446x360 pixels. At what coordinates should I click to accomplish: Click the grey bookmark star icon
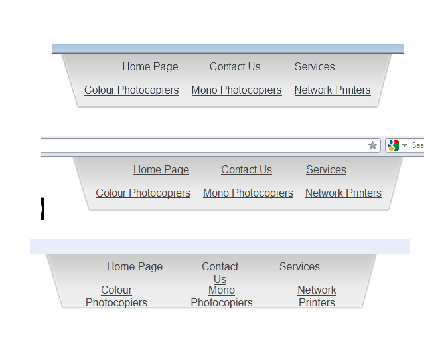372,145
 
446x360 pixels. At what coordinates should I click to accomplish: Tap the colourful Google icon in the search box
394,145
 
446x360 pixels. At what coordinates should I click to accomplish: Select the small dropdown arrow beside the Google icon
404,145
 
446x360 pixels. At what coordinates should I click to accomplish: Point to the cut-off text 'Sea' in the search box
418,145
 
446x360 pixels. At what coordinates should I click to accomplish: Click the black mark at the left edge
42,209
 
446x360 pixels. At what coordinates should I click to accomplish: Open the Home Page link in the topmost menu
151,67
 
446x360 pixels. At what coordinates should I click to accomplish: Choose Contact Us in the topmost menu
235,67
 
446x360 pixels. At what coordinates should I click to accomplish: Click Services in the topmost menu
315,67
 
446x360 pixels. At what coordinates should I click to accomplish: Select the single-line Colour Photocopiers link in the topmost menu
131,90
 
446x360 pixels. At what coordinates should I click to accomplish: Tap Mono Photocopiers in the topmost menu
237,90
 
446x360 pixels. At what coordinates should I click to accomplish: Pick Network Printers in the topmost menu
333,90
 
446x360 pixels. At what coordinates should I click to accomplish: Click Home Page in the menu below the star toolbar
161,170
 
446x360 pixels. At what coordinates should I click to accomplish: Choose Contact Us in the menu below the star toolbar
247,170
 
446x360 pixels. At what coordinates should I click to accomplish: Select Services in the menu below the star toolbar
327,170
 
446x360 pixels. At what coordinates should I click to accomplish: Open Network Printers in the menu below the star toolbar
343,193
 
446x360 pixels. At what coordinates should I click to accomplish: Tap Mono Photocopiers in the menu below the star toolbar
248,193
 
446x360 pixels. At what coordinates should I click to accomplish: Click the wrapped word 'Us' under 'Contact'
220,279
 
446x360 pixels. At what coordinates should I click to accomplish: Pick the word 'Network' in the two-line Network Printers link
317,290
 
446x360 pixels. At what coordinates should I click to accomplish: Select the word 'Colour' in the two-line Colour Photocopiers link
116,290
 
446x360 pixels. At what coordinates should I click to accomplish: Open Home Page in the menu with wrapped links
135,267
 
